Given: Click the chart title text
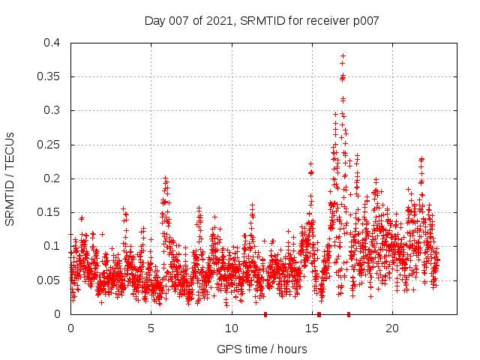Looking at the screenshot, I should pos(261,20).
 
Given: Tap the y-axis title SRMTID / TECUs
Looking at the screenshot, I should pos(10,178).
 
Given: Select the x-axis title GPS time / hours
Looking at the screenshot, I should pos(262,349).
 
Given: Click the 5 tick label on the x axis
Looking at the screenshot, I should pos(151,328).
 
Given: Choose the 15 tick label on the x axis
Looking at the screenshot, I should pos(311,328).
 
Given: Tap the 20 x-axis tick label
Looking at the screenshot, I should pos(391,328).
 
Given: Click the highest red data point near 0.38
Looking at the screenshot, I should pos(343,55).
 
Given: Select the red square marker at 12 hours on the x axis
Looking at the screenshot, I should pos(265,314).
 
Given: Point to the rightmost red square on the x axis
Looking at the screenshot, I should pos(349,314).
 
